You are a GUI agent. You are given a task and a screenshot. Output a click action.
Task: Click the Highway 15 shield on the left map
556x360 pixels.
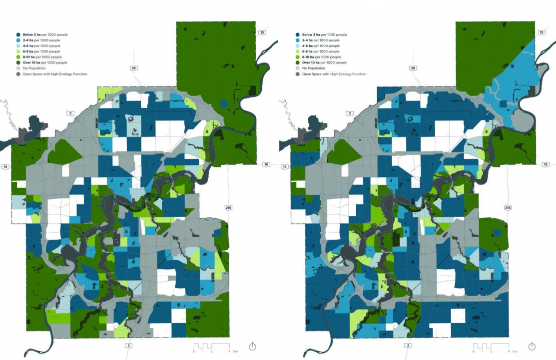point(263,32)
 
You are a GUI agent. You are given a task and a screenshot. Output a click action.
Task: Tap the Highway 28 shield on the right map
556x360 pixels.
point(413,68)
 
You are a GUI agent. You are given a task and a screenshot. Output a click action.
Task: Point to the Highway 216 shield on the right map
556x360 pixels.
point(508,207)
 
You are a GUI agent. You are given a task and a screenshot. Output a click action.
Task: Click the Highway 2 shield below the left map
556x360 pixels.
point(129,345)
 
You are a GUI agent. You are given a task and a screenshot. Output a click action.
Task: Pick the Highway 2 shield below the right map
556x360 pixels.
point(409,345)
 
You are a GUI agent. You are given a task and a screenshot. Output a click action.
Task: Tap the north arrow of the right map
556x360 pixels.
point(532,346)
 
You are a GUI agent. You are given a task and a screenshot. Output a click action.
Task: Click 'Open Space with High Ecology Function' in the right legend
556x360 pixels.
point(334,74)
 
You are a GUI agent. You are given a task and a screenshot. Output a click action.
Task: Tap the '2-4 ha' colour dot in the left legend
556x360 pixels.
point(18,40)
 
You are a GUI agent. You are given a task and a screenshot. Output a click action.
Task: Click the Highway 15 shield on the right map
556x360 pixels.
point(542,32)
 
